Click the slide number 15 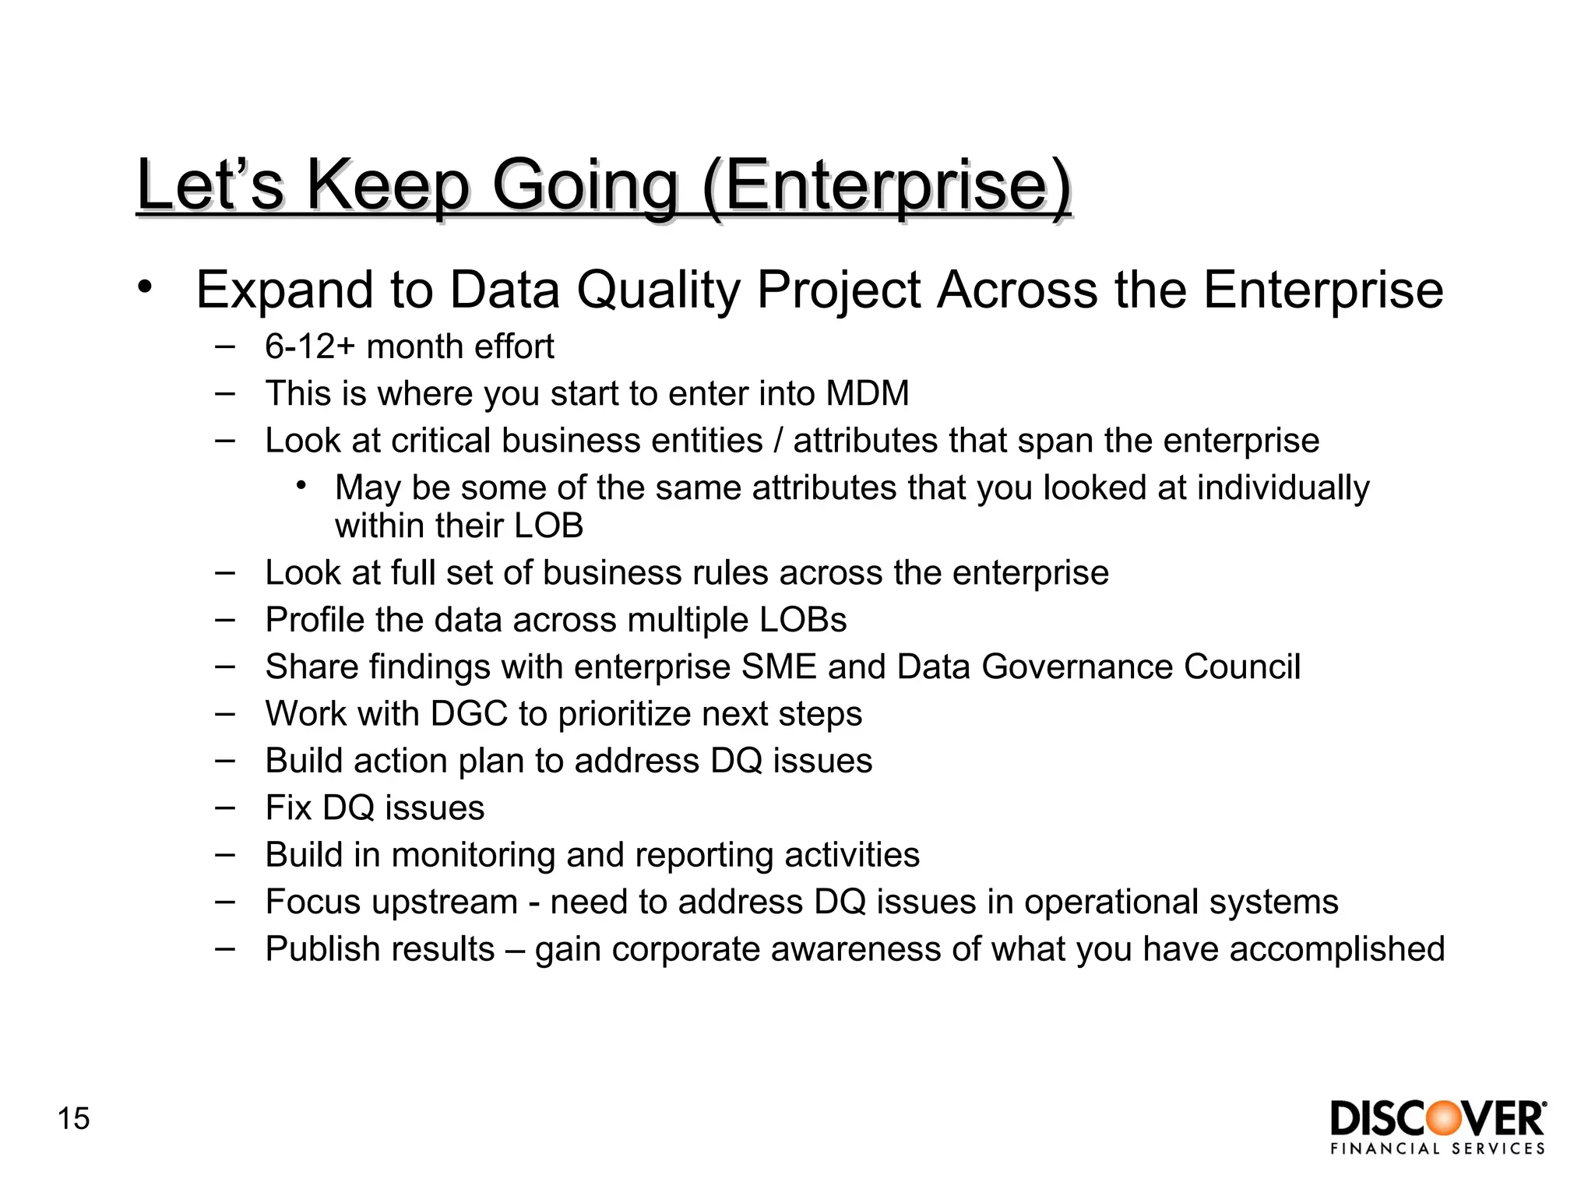[74, 1119]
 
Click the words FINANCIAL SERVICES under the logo [1438, 1149]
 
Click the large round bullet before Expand [144, 287]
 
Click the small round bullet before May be [301, 486]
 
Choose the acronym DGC [469, 714]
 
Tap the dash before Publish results [225, 948]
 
